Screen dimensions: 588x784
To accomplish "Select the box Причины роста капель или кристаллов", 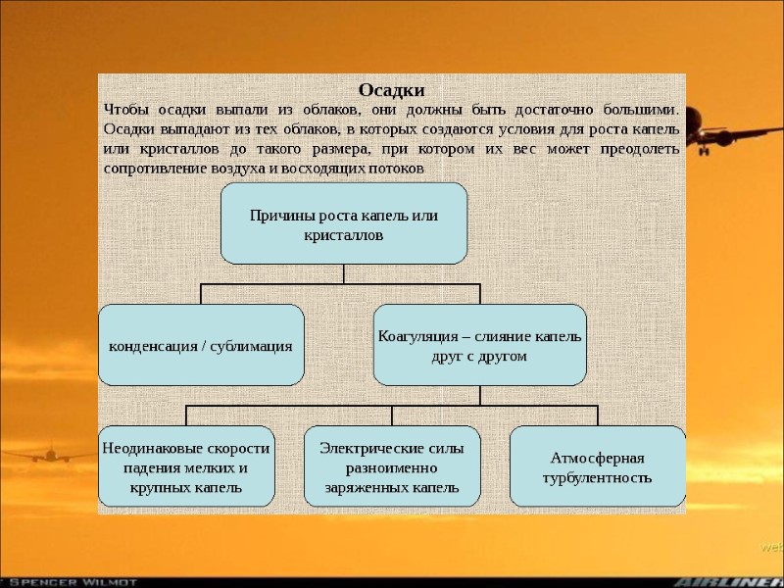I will coord(344,224).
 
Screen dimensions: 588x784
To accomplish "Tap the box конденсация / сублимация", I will coord(201,346).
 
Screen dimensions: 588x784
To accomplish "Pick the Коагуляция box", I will coord(479,345).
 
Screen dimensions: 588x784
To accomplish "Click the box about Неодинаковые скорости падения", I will coord(185,466).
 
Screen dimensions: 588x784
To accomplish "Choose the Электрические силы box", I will coord(392,466).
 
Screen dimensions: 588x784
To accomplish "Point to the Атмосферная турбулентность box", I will coord(597,467).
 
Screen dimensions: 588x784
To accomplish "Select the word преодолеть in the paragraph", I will coord(636,148).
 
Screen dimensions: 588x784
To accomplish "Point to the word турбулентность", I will coord(597,477).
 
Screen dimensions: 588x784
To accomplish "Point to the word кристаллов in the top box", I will coord(344,235).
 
